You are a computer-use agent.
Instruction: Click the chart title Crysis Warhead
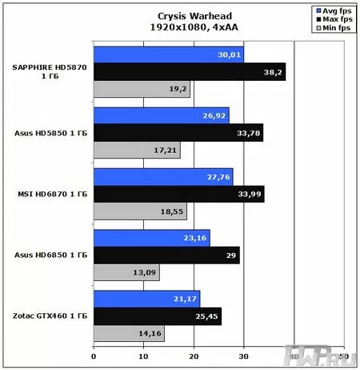[179, 14]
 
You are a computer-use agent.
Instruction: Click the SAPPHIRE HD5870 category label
[50, 67]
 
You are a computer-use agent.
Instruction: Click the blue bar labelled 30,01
[169, 54]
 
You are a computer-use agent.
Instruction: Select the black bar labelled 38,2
[190, 71]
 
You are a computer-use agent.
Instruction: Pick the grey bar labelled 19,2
[142, 89]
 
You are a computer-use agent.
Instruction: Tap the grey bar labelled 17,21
[137, 150]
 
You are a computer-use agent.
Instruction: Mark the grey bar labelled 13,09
[126, 274]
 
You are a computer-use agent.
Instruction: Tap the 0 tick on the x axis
[94, 356]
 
